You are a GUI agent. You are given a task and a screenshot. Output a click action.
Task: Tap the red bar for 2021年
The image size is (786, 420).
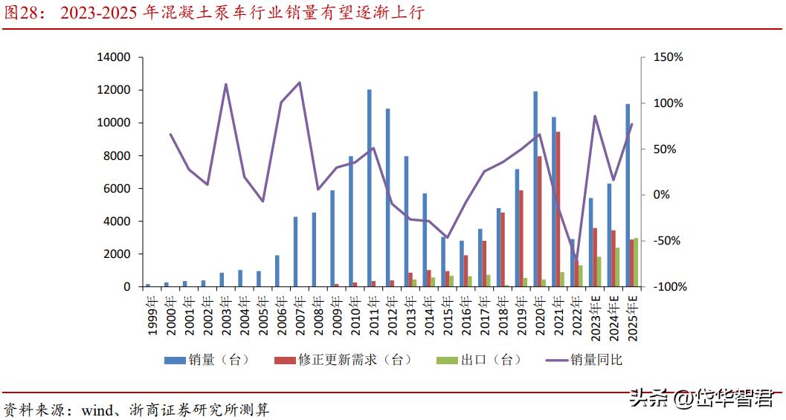coord(558,208)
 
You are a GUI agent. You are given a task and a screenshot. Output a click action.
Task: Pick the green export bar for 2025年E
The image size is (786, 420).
coord(635,262)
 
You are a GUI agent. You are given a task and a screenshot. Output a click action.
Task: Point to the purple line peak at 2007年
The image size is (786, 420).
coord(299,83)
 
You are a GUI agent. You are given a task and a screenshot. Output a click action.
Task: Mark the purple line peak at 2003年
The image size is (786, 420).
coord(225,84)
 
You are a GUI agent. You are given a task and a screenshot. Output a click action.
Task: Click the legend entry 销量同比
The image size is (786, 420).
coord(584,360)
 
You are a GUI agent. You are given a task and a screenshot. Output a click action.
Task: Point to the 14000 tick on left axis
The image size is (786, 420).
coord(114,57)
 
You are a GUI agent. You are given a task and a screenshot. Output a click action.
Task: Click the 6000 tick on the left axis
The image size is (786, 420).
coord(117,188)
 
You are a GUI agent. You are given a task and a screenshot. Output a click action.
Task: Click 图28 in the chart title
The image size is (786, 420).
coord(19,13)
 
